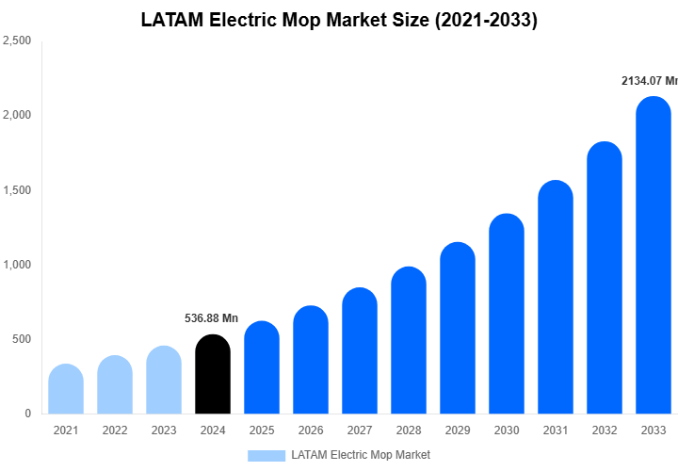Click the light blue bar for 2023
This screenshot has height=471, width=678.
click(x=164, y=381)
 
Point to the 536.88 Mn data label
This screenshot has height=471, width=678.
click(x=211, y=318)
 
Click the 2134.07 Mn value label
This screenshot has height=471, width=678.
click(x=649, y=82)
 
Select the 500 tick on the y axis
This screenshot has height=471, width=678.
click(x=22, y=339)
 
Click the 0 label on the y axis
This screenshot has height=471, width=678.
click(x=28, y=414)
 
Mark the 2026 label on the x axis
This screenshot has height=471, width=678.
click(x=311, y=430)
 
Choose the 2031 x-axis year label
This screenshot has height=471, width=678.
click(x=556, y=430)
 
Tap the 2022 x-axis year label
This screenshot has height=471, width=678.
click(x=115, y=430)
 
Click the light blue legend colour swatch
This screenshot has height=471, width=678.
click(x=266, y=455)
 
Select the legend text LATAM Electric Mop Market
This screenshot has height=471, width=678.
click(x=361, y=455)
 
